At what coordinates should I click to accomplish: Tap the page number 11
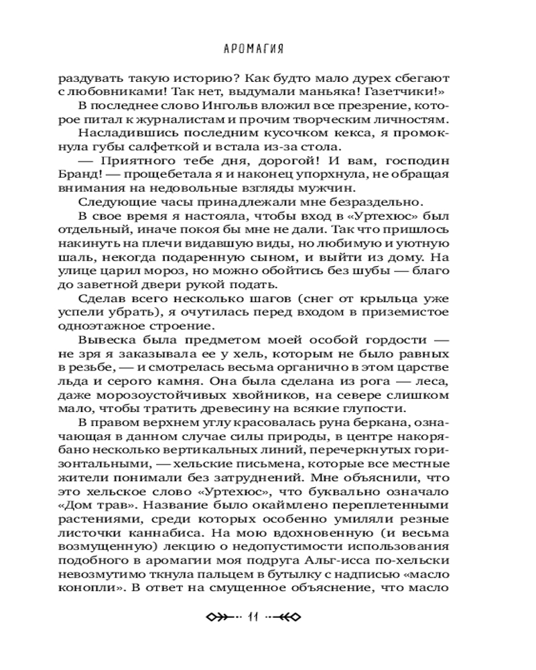253,617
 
